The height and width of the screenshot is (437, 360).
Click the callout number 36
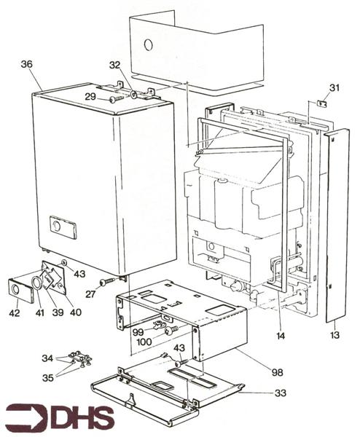tap(27, 64)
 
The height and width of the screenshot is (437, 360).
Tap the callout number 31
tap(334, 88)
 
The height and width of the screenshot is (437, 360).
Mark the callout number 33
tap(281, 393)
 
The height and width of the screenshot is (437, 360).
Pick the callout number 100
tap(143, 341)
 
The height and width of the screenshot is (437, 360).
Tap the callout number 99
tap(138, 331)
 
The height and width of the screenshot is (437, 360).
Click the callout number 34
tap(47, 358)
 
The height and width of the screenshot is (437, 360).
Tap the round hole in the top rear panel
tap(149, 44)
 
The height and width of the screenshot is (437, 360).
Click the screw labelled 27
tap(109, 281)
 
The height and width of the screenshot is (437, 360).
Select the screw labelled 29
tap(115, 98)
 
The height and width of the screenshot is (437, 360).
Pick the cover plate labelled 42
tap(18, 289)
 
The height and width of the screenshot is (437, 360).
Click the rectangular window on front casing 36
tap(60, 226)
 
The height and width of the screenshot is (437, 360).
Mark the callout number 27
tap(90, 294)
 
